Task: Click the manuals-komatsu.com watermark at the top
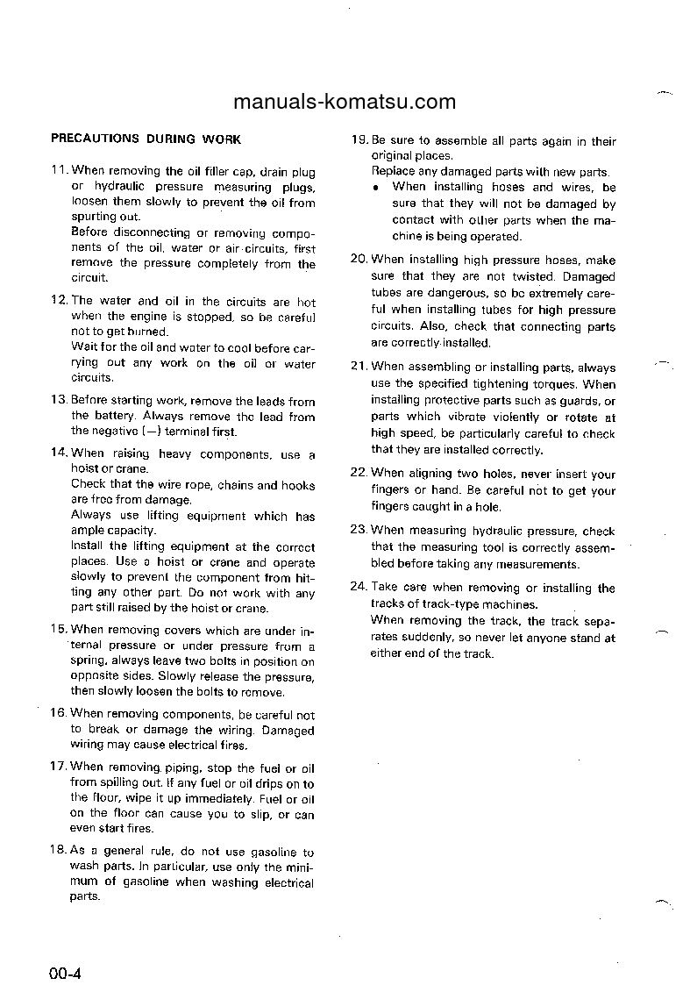[x=345, y=101]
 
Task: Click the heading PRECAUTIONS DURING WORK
[x=146, y=139]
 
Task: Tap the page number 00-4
[x=65, y=973]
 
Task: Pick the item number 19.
[x=359, y=140]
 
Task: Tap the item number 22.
[x=359, y=474]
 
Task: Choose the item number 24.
[x=359, y=588]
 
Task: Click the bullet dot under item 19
[x=375, y=187]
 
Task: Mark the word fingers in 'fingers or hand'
[x=390, y=490]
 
